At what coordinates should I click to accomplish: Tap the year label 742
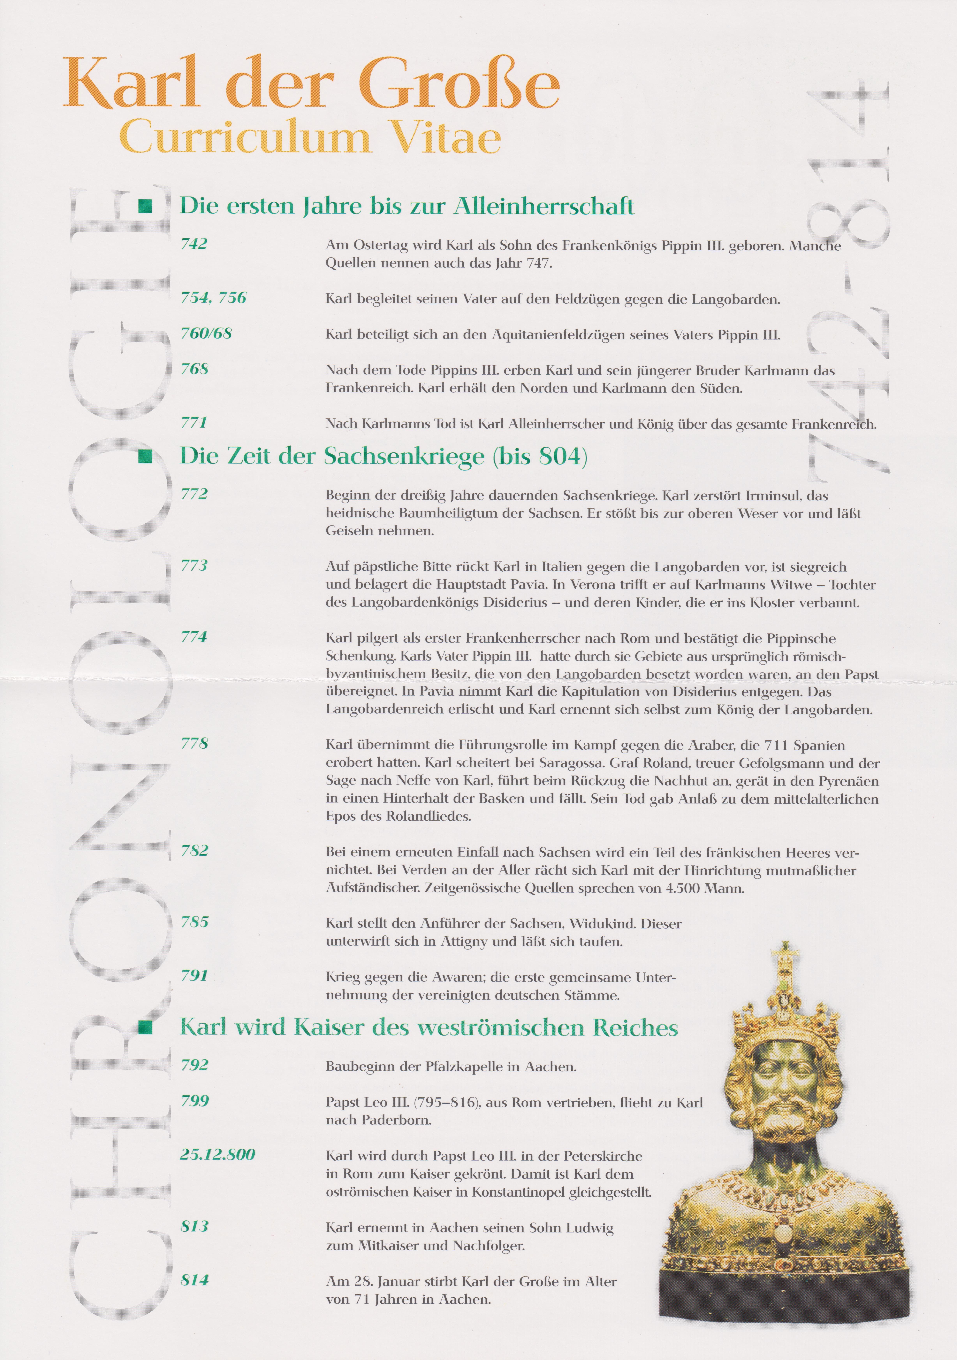[x=194, y=244]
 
